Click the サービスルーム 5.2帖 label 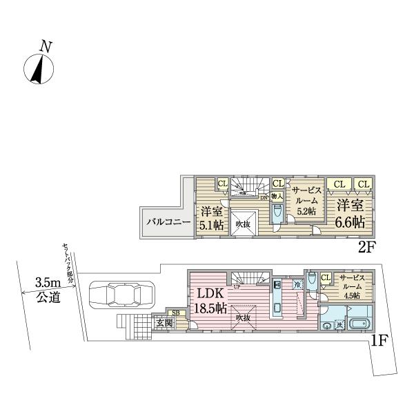304,200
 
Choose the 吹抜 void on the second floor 241,223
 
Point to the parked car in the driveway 119,297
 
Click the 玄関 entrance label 163,323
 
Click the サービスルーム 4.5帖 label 354,284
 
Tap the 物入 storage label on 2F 277,197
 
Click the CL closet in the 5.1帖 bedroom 222,184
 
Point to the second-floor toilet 277,215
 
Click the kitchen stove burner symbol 277,284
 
